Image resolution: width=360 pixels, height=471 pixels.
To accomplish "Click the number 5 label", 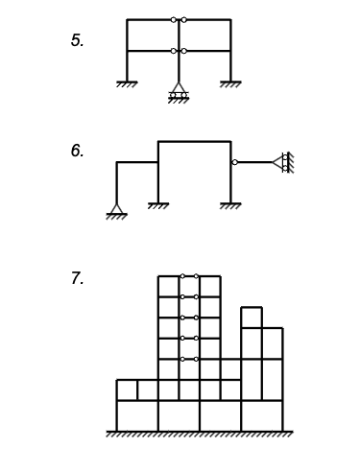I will [x=77, y=41].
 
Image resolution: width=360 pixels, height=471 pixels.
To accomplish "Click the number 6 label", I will [x=77, y=152].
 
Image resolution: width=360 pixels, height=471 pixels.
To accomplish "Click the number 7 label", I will [x=77, y=279].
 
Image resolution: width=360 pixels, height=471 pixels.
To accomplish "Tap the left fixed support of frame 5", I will [x=127, y=84].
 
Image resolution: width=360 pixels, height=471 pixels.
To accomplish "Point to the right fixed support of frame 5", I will [x=230, y=84].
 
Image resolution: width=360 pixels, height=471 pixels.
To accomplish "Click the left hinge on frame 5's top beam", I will [x=173, y=19].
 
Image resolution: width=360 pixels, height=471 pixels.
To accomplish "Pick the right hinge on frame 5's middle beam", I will [x=184, y=51].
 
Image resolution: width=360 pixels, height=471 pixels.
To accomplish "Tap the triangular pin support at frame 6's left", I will [x=117, y=211].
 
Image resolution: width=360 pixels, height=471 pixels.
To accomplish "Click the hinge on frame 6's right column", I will [x=233, y=162].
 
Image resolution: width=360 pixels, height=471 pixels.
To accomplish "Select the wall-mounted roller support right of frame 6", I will [x=281, y=162].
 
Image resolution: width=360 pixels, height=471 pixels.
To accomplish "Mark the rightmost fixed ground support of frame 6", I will [x=230, y=204].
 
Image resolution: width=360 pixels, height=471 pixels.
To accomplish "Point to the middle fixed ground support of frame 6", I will [x=158, y=204].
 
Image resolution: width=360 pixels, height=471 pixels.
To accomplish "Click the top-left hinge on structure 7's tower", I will [x=181, y=276].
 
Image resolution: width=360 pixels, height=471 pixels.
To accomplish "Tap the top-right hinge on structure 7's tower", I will [x=196, y=276].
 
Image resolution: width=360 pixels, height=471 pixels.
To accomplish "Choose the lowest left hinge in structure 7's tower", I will [x=181, y=359].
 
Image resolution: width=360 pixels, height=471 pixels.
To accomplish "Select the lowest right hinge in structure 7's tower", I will [x=196, y=359].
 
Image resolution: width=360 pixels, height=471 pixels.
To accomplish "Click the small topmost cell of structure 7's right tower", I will [x=252, y=318].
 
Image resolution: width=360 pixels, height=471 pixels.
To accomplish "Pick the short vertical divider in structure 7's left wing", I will [x=137, y=389].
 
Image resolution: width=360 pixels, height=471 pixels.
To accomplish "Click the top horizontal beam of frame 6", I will [x=194, y=142].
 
